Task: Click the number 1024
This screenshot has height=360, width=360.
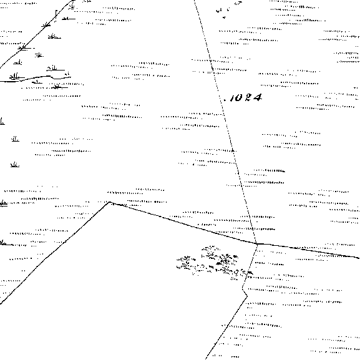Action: tap(245, 97)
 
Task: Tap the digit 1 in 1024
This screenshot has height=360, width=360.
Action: tap(231, 98)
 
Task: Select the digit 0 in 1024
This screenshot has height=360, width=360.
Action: tap(238, 98)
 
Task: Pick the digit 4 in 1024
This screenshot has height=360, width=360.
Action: tap(257, 97)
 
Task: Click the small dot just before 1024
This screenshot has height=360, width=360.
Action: tap(225, 100)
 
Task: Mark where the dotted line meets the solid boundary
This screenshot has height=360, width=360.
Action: tap(256, 243)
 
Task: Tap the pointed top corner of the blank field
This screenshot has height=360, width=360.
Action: tap(110, 202)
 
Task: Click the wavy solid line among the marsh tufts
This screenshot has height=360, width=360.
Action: tap(36, 79)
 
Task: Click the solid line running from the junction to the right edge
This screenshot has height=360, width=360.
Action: tap(308, 250)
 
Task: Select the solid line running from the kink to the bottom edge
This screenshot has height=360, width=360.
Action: tap(226, 328)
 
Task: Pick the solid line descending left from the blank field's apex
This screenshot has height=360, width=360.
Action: tap(55, 253)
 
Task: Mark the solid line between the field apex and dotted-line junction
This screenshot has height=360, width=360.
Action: tap(183, 223)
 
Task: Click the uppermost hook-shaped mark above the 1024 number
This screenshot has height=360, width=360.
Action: tap(239, 3)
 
